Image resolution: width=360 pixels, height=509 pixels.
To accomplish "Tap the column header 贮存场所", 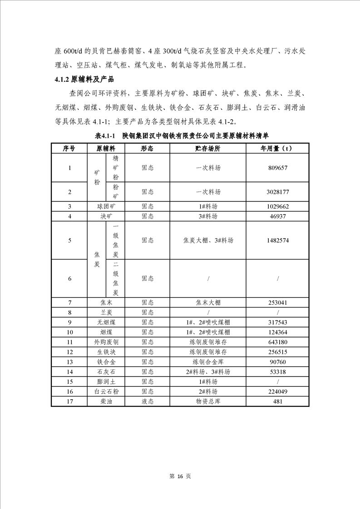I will coord(208,148).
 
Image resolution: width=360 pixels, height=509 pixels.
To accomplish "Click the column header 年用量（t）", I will coord(277,148).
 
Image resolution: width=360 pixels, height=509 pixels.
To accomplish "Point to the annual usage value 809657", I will coord(277,168).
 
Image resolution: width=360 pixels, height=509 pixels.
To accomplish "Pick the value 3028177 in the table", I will coord(277,192).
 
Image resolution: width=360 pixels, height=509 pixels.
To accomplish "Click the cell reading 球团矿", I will coord(106,206).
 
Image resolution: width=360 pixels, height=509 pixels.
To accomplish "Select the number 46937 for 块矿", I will coord(277,216).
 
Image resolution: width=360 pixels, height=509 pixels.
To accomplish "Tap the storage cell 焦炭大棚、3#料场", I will coord(208,240).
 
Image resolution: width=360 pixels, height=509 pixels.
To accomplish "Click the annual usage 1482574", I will coord(277,240).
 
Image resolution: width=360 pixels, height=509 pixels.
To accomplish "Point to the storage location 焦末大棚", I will coord(208,303).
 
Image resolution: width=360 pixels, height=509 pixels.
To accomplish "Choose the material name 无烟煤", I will coord(106,322).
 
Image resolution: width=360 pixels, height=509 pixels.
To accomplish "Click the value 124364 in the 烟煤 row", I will coord(277,332).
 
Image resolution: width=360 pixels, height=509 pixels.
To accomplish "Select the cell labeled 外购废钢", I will coord(106,342).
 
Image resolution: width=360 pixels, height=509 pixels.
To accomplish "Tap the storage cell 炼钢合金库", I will coord(208,362).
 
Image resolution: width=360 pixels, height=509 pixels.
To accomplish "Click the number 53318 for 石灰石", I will coord(277,372).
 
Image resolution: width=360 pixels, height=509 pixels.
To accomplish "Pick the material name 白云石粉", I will coord(106,392).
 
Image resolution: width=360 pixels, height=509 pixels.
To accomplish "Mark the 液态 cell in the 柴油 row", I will coord(147,401).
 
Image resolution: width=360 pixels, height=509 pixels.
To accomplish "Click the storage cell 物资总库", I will coord(208,401).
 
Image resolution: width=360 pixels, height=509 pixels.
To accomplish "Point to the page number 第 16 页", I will coord(180,476).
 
